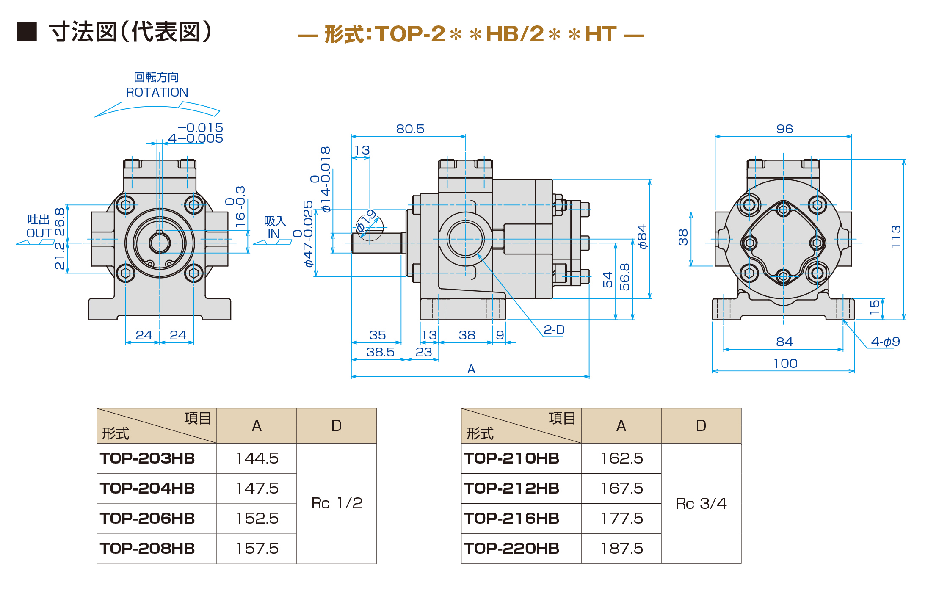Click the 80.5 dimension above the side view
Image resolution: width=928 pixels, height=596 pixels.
[410, 129]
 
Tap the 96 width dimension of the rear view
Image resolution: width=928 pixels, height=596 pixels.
[784, 129]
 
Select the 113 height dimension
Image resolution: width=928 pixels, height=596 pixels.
[895, 237]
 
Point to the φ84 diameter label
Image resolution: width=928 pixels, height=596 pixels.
[642, 237]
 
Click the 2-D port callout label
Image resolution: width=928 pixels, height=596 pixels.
[554, 330]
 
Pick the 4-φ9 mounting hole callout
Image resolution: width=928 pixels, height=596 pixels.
[885, 342]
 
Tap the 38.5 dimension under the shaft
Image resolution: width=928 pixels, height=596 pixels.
[380, 352]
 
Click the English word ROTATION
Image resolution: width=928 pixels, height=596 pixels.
[157, 92]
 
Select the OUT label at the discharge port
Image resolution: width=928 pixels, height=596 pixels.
[39, 233]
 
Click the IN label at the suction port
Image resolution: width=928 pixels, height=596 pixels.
[273, 234]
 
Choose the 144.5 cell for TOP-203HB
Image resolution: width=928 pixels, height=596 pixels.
[257, 458]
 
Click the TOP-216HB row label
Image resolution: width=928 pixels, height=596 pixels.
[511, 518]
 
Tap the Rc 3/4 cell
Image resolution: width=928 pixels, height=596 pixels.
[701, 503]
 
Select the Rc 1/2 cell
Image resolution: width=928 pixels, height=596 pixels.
[337, 503]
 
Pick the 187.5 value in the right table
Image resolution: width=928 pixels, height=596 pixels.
[621, 549]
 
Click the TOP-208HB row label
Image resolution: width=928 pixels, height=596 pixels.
[147, 549]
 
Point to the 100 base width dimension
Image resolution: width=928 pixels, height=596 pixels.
[785, 364]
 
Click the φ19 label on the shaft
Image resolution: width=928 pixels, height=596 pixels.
[367, 221]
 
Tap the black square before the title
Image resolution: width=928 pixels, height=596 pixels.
[27, 31]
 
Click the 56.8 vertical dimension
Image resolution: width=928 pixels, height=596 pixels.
[624, 277]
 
